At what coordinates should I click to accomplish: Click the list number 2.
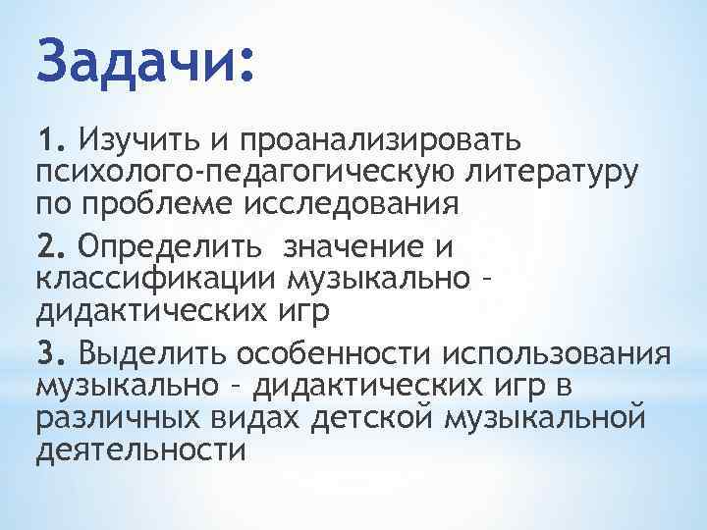[x=52, y=244]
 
